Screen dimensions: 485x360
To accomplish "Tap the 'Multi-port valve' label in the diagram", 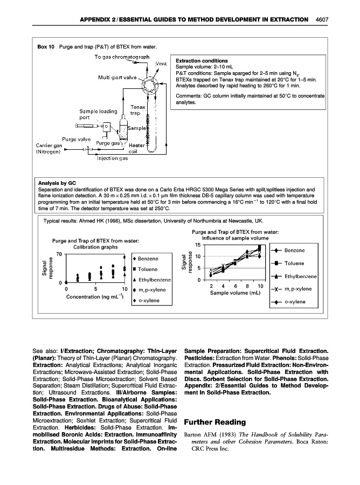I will coord(116,77).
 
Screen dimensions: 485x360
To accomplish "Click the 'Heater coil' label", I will coord(136,148).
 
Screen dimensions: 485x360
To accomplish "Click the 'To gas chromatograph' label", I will coord(122,57).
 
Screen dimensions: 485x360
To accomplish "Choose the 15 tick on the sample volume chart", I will coord(197,245).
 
